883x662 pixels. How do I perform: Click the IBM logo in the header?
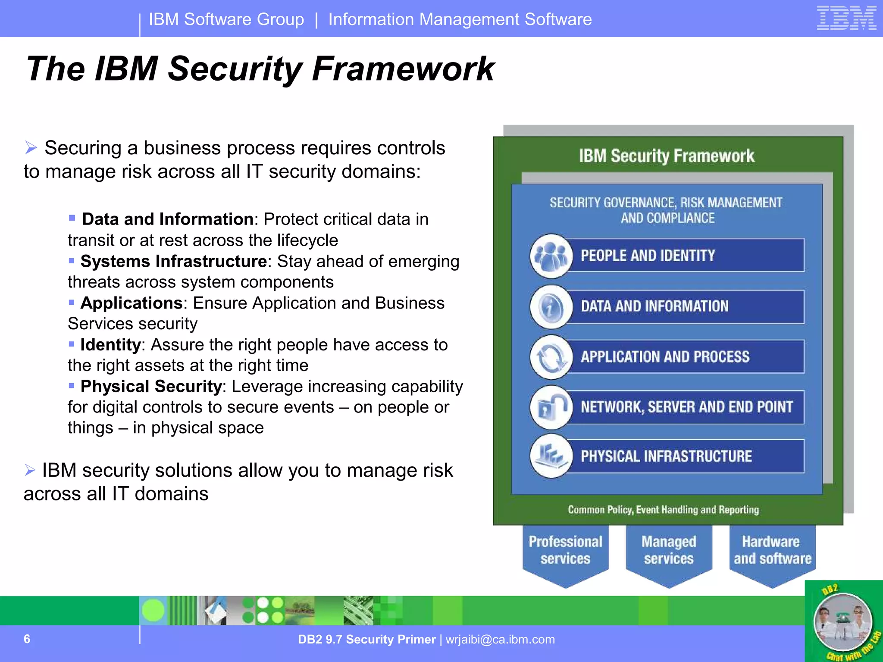[846, 19]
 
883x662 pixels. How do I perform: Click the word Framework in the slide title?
[403, 69]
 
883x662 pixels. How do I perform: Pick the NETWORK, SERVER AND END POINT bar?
[686, 407]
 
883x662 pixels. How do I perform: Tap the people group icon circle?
[551, 256]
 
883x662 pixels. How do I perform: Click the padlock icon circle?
[551, 407]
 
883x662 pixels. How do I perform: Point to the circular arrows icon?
[551, 357]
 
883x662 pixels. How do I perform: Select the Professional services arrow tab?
[565, 552]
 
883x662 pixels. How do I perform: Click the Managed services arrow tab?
[669, 552]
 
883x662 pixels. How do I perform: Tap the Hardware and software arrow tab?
[772, 552]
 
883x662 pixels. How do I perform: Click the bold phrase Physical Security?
[151, 386]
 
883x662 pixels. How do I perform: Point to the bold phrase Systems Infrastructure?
[173, 261]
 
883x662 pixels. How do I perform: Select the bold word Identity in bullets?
[110, 345]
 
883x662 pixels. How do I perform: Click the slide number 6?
[27, 639]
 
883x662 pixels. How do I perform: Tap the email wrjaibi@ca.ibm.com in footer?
[500, 639]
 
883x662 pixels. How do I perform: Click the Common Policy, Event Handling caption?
[663, 510]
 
